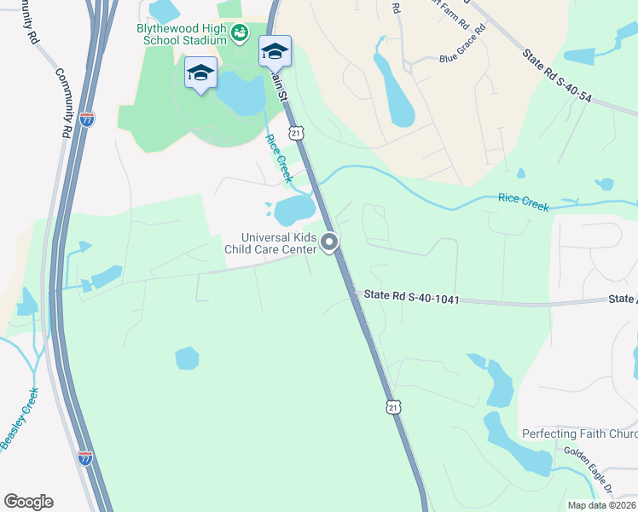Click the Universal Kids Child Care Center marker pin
[330, 244]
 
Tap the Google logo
[28, 502]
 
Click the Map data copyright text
[601, 505]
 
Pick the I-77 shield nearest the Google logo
[85, 458]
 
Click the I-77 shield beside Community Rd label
[86, 119]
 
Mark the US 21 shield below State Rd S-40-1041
[392, 409]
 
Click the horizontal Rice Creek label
[523, 201]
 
